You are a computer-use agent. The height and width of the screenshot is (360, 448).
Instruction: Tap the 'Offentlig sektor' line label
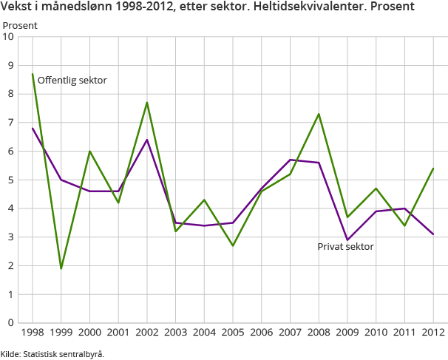[x=72, y=80]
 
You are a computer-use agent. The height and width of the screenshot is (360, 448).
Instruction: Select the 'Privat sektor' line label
[x=345, y=246]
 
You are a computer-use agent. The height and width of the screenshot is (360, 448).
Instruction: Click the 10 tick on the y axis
[x=10, y=37]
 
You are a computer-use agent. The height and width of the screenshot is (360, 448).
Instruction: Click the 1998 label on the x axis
[x=33, y=333]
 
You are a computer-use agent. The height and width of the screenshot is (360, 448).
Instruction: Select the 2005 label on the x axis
[x=233, y=333]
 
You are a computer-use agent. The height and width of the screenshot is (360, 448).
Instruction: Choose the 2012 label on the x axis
[x=433, y=333]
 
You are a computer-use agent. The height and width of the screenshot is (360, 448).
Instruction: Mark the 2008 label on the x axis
[x=319, y=333]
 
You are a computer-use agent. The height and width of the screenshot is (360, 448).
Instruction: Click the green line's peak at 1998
[x=33, y=74]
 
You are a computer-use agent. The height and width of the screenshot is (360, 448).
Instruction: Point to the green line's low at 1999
[x=61, y=268]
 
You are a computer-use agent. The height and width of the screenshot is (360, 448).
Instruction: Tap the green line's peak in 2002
[x=147, y=103]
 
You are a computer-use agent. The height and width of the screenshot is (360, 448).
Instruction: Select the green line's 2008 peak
[x=319, y=114]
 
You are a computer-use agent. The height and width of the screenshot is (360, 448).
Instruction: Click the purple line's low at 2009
[x=347, y=240]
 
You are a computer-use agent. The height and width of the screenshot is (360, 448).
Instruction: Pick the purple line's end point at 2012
[x=433, y=234]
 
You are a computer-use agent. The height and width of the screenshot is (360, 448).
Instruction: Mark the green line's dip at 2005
[x=233, y=245]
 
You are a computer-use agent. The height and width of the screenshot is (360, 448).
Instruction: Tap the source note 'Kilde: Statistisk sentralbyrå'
[x=52, y=354]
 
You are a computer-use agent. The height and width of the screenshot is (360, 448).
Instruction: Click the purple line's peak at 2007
[x=290, y=160]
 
